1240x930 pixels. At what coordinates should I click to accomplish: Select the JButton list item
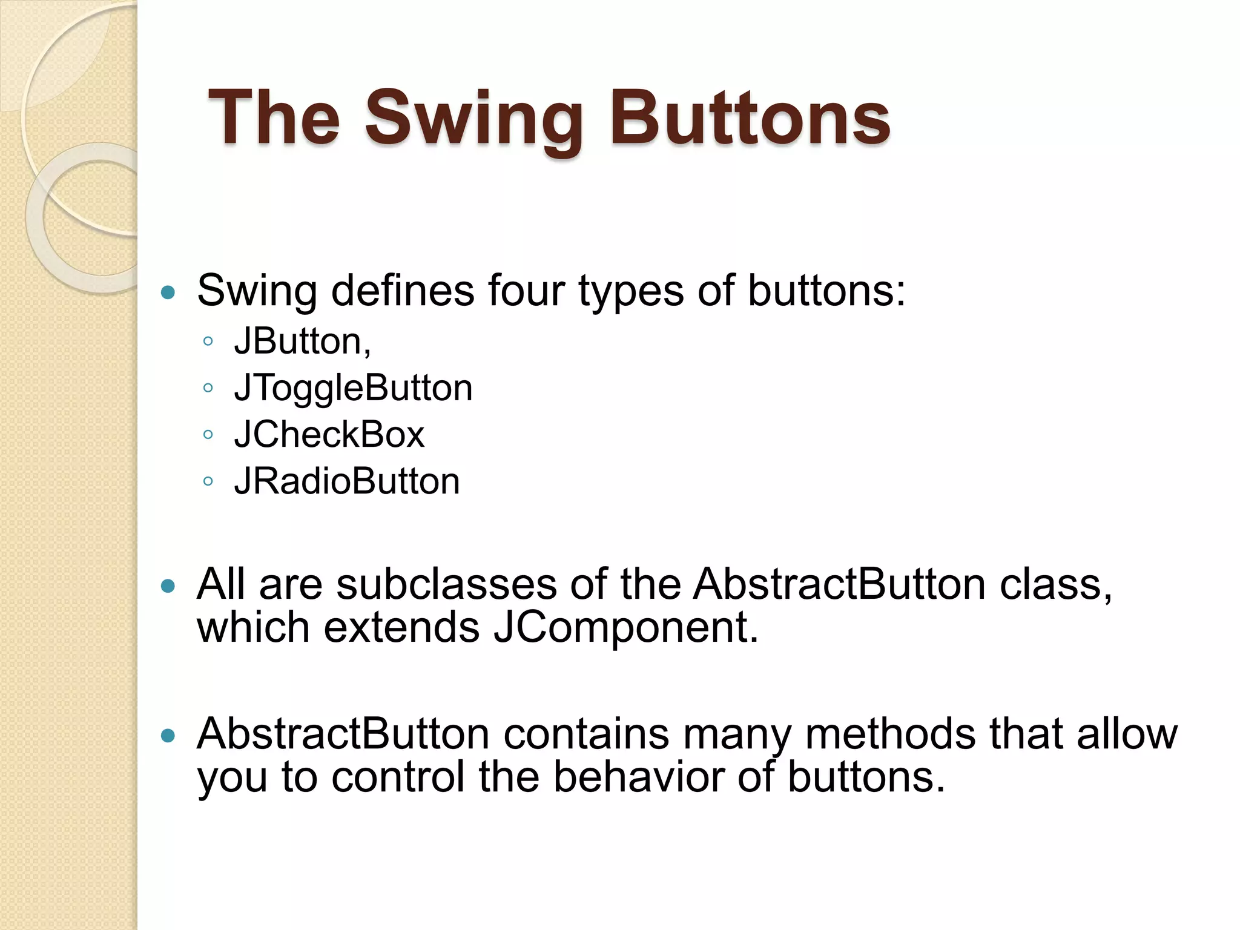click(x=302, y=341)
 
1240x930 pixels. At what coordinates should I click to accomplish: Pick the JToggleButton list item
click(x=353, y=387)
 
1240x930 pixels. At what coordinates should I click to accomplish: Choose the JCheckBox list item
click(x=329, y=434)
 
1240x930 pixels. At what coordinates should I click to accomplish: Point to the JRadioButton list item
click(x=347, y=481)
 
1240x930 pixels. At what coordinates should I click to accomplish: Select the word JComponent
click(x=625, y=627)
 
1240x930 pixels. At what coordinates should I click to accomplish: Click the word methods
click(x=890, y=734)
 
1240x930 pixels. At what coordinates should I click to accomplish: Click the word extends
click(x=401, y=627)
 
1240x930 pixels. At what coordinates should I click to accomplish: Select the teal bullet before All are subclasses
click(x=168, y=586)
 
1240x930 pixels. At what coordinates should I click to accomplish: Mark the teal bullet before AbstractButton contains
click(x=168, y=736)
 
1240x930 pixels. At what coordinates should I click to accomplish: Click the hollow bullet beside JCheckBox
click(x=208, y=434)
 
